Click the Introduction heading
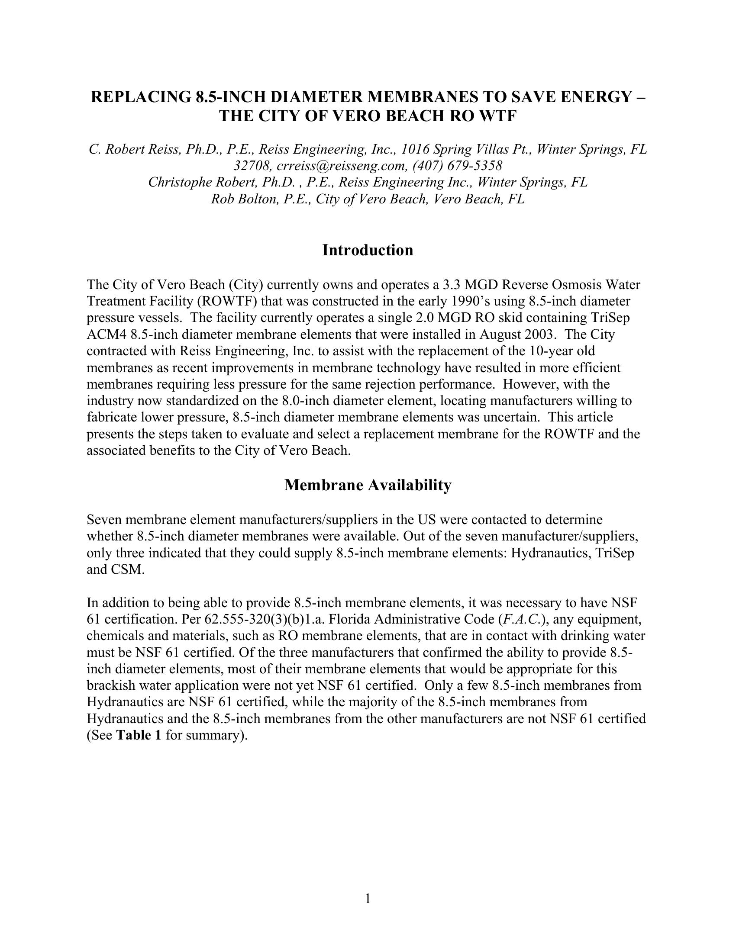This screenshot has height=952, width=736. coord(368,251)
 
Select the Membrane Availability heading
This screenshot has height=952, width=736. coord(368,485)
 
